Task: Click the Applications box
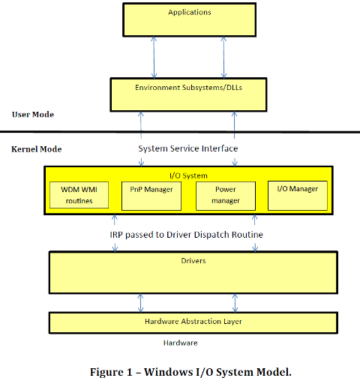pos(190,19)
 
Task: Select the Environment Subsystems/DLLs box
pos(188,94)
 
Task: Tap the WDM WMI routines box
pos(79,195)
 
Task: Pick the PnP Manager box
pos(151,196)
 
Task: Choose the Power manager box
pos(226,196)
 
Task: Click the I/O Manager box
pos(298,196)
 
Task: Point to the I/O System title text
pos(188,175)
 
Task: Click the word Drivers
pos(193,261)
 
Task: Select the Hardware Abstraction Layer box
pos(193,322)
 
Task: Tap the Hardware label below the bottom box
pos(180,343)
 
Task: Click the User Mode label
pos(33,115)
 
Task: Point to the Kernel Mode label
pos(37,149)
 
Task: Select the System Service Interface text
pos(188,148)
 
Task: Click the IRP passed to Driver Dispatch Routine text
pos(187,235)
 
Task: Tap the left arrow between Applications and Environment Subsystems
pos(154,58)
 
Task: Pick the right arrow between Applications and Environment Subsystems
pos(223,58)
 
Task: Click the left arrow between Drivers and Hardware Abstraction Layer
pos(140,303)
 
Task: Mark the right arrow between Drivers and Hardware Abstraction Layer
pos(235,303)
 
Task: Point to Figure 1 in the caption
pos(111,372)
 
